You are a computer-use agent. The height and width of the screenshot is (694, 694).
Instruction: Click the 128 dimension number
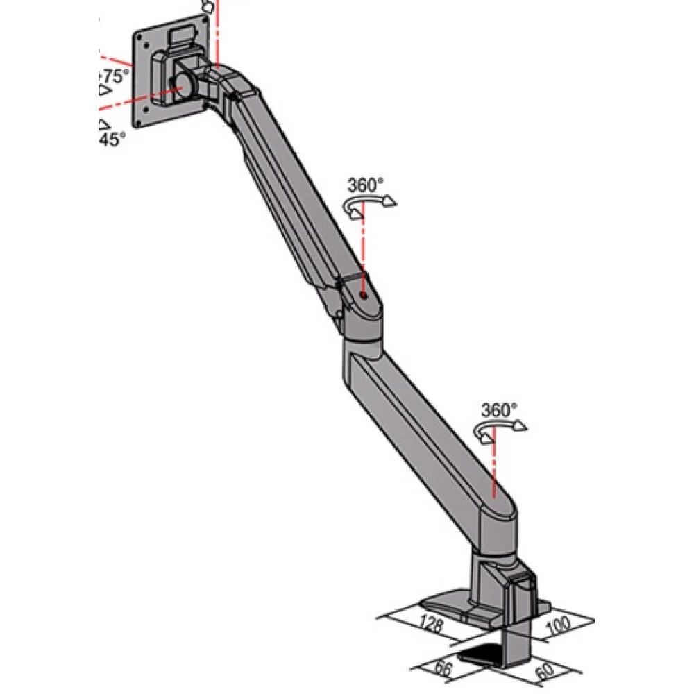[x=433, y=622]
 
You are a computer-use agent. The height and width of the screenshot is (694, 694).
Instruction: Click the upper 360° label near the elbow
[x=366, y=185]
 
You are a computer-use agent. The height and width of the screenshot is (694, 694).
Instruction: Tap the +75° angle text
[x=113, y=76]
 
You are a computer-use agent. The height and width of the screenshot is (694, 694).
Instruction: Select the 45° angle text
[x=113, y=139]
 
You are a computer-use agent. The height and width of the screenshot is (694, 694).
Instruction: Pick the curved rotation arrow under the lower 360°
[x=498, y=429]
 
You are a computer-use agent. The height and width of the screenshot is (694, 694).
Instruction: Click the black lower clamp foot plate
[x=485, y=653]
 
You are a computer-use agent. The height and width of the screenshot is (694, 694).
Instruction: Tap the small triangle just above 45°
[x=103, y=124]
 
